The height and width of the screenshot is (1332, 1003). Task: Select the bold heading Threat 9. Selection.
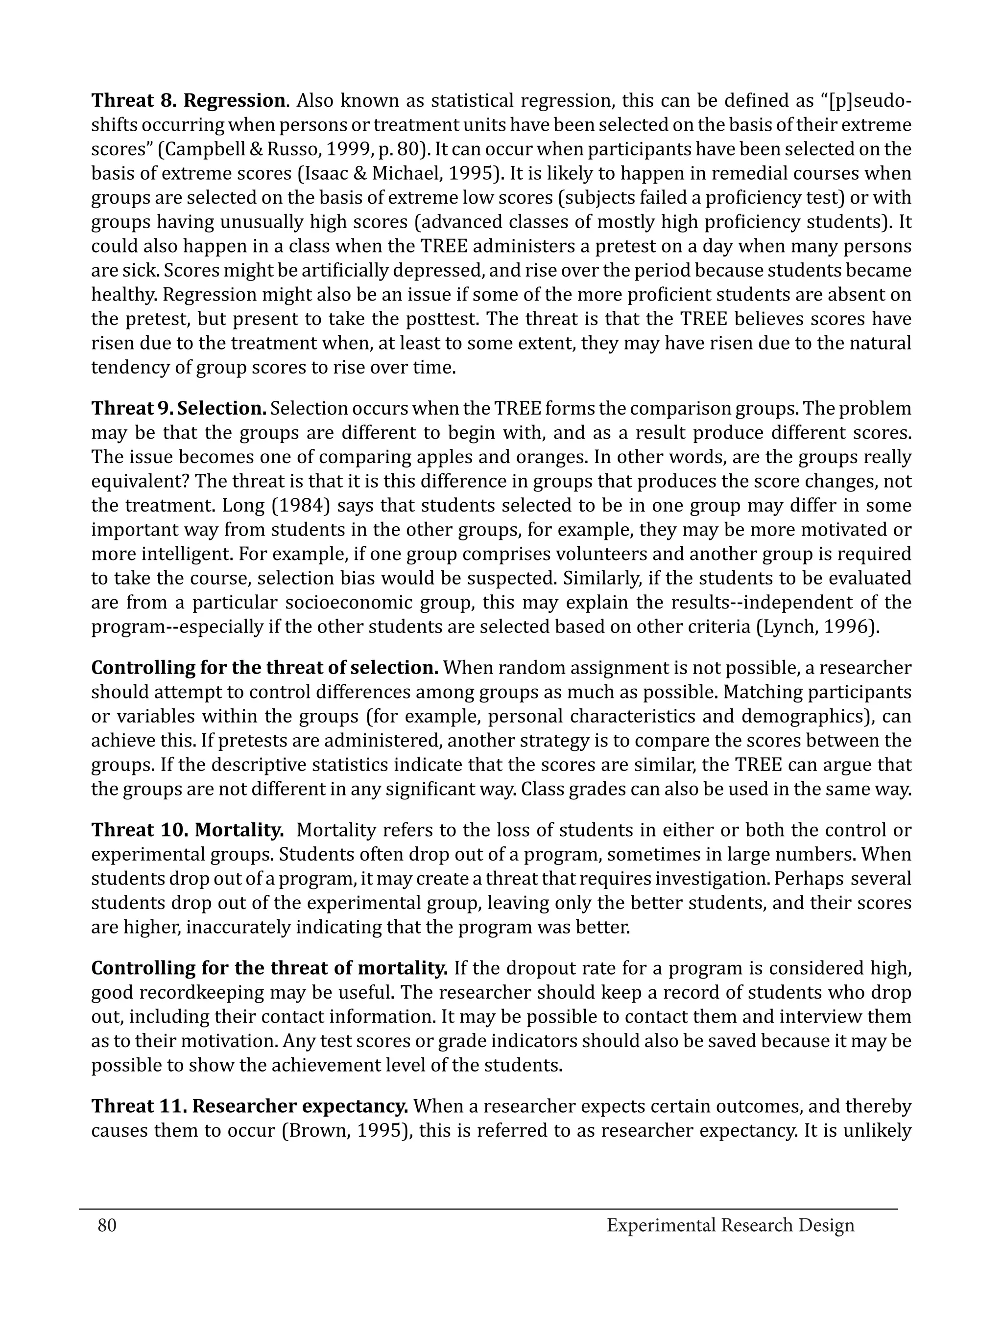pos(179,408)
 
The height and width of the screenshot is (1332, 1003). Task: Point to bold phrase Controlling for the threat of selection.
pos(265,667)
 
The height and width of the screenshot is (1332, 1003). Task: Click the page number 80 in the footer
pos(107,1225)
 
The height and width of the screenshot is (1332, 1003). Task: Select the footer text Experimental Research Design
pos(730,1225)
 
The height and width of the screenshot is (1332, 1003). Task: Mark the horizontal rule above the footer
pos(488,1209)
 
